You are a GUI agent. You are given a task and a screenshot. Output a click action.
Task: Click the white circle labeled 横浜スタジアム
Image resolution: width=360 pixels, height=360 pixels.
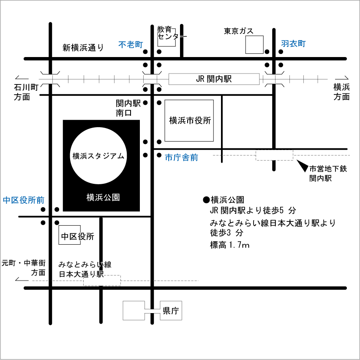pyautogui.click(x=98, y=155)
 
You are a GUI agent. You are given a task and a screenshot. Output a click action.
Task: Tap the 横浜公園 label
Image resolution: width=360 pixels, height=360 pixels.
pyautogui.click(x=103, y=197)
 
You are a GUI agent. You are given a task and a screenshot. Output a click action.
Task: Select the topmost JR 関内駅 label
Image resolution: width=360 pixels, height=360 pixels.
pyautogui.click(x=214, y=79)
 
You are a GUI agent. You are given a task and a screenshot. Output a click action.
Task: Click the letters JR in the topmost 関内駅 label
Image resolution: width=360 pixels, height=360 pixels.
pyautogui.click(x=200, y=79)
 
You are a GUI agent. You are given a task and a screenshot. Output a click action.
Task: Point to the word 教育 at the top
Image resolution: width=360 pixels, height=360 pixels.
pyautogui.click(x=164, y=29)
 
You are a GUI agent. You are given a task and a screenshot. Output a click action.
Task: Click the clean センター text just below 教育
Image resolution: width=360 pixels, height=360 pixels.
pyautogui.click(x=172, y=37)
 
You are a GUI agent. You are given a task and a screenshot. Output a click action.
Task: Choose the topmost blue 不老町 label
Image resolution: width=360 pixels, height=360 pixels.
pyautogui.click(x=131, y=44)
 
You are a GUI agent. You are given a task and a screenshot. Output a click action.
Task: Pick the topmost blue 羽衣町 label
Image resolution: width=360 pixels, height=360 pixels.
pyautogui.click(x=293, y=44)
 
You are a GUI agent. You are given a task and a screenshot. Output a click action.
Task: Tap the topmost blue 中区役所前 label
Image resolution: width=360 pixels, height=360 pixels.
pyautogui.click(x=23, y=200)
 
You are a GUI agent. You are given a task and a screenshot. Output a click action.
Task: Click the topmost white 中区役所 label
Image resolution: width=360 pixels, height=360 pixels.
pyautogui.click(x=78, y=236)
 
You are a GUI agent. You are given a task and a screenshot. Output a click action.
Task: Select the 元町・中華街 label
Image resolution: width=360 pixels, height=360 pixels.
pyautogui.click(x=23, y=263)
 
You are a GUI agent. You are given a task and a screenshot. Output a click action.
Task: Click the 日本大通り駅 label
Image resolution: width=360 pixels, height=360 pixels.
pyautogui.click(x=85, y=273)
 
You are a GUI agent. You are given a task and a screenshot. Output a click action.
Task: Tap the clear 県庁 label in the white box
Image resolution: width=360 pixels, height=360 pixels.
pyautogui.click(x=171, y=311)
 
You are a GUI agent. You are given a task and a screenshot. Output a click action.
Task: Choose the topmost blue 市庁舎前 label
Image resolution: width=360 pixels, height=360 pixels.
pyautogui.click(x=181, y=158)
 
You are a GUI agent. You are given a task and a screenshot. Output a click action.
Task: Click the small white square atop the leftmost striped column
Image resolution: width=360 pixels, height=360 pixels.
pyautogui.click(x=50, y=79)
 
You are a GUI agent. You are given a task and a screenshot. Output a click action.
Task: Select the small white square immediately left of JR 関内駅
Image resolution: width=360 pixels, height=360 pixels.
pyautogui.click(x=152, y=79)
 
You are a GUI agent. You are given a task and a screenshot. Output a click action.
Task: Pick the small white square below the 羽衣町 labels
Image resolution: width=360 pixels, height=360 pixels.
pyautogui.click(x=274, y=79)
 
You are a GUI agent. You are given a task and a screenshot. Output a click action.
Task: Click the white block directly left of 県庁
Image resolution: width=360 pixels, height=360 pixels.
pyautogui.click(x=134, y=311)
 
